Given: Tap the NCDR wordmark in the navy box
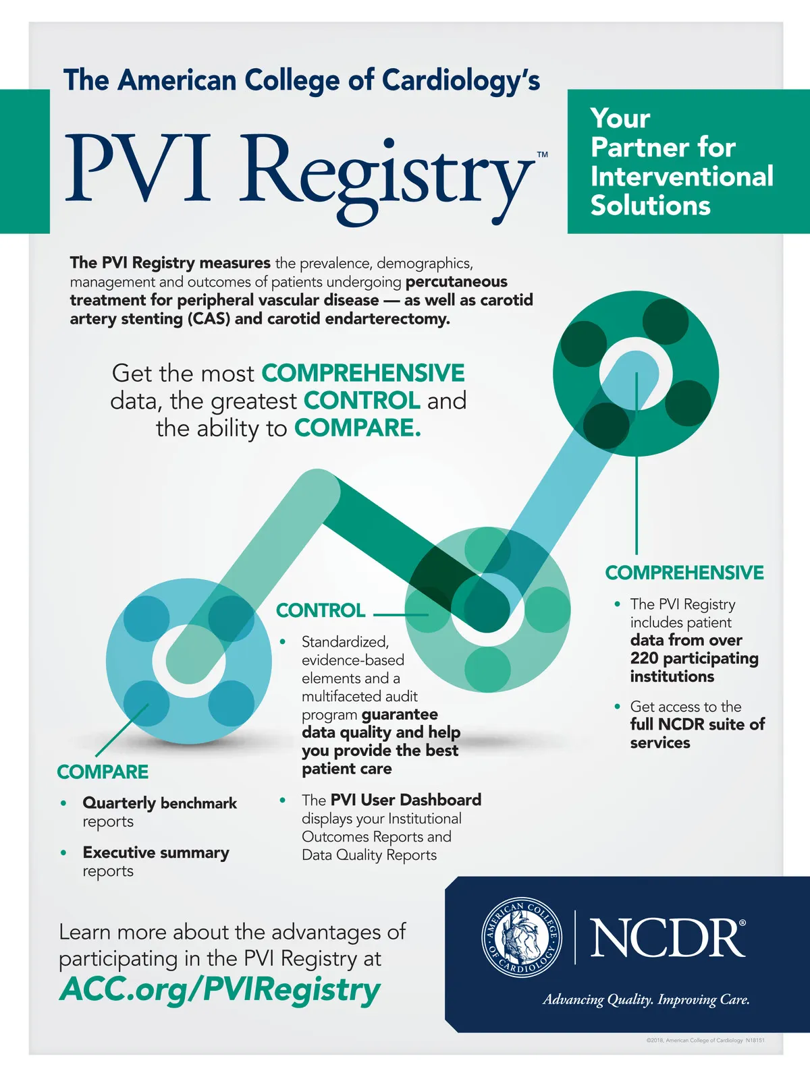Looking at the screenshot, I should [x=668, y=937].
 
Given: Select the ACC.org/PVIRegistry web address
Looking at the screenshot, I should [x=220, y=990].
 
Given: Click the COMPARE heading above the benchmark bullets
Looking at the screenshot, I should [x=103, y=771].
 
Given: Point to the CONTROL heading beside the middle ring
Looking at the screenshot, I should [x=321, y=610].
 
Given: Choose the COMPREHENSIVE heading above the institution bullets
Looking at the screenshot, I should [x=684, y=573].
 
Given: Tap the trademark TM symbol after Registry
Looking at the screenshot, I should [x=542, y=155].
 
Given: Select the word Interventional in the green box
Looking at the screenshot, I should [x=682, y=177].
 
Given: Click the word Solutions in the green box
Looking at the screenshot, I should [x=651, y=206].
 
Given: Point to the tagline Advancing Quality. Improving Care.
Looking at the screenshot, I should [x=646, y=999].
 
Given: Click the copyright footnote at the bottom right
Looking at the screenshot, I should [x=705, y=1041].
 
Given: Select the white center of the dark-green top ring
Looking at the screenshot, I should [x=636, y=373].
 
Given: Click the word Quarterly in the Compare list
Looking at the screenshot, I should [x=119, y=803].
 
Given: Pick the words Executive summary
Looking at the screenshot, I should [x=156, y=852].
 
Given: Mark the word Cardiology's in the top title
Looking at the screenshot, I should [x=461, y=80].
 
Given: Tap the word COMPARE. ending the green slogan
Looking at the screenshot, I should [x=358, y=428].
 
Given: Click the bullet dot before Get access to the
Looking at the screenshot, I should [x=617, y=706].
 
